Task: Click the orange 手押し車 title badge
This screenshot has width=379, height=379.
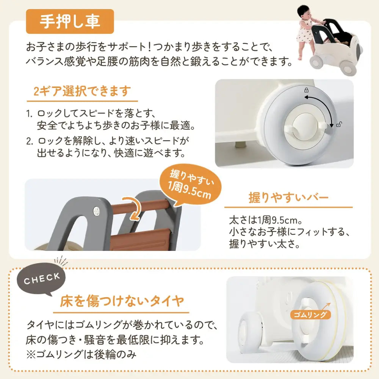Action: coord(69,22)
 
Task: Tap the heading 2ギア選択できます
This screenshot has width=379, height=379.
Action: coord(82,91)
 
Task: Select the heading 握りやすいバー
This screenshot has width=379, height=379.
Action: coord(288,197)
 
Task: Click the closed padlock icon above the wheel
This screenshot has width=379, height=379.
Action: coord(306,91)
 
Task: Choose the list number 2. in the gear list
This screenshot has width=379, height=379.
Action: coord(30,141)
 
